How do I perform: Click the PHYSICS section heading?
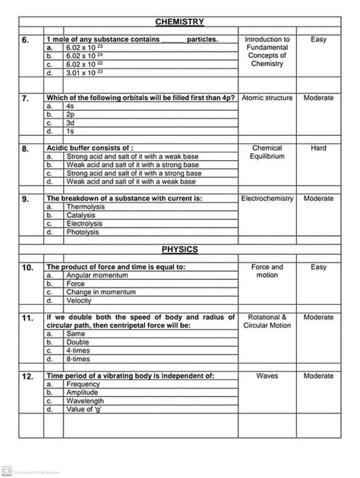[x=179, y=249]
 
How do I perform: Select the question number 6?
[x=26, y=39]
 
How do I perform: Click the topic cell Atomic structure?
[x=267, y=99]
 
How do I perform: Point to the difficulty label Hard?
[x=318, y=148]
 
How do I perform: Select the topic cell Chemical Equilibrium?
[x=267, y=152]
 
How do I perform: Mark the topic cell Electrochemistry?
[x=267, y=198]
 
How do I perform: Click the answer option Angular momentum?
[x=99, y=275]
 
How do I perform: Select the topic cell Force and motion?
[x=267, y=271]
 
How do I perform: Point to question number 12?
[x=27, y=376]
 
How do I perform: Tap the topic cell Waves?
[x=267, y=376]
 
